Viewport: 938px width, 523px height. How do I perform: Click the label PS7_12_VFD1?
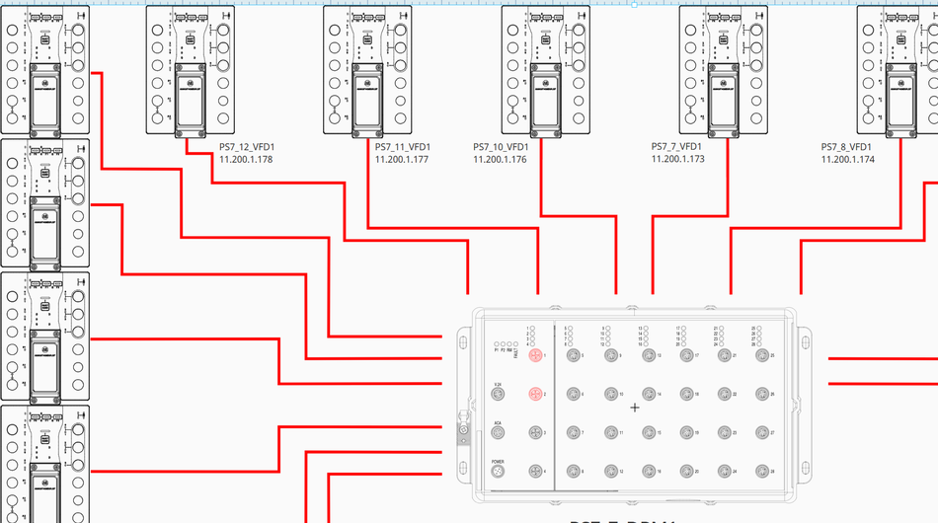click(x=246, y=146)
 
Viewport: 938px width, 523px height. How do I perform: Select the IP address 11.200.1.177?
click(x=402, y=159)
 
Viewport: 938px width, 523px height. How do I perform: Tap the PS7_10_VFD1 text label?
click(x=501, y=146)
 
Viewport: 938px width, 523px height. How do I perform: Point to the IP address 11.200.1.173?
click(x=677, y=159)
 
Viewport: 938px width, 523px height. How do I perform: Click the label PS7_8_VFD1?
click(x=847, y=146)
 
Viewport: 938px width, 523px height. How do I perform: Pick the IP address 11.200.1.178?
click(x=246, y=159)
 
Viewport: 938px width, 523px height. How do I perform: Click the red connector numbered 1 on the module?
click(x=535, y=355)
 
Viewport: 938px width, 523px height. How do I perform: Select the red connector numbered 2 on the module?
click(x=535, y=394)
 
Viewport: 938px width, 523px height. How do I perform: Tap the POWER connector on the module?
click(x=498, y=472)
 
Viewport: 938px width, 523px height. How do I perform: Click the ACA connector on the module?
click(x=498, y=433)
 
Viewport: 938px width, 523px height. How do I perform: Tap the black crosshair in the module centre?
click(x=634, y=407)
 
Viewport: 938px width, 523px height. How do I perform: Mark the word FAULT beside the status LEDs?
click(x=516, y=350)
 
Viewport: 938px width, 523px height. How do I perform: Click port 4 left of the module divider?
click(x=535, y=472)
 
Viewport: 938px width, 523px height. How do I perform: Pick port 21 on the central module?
click(x=724, y=355)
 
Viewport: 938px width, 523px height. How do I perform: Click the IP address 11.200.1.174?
click(x=847, y=159)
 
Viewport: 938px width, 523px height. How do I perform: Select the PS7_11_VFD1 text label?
click(x=402, y=146)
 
